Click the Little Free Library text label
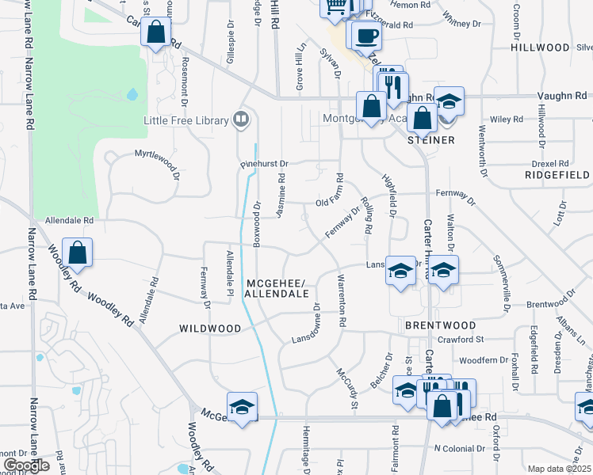(x=186, y=120)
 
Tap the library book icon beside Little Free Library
(x=241, y=120)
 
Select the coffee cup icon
(x=366, y=36)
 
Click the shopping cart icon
(x=335, y=6)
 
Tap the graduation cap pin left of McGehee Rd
(x=242, y=407)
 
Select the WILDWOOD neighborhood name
(x=209, y=328)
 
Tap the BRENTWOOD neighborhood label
(x=440, y=325)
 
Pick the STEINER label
(x=431, y=140)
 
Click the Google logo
(x=25, y=465)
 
